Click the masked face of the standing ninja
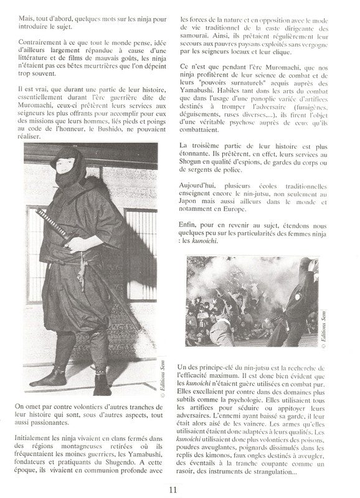pos(67,164)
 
